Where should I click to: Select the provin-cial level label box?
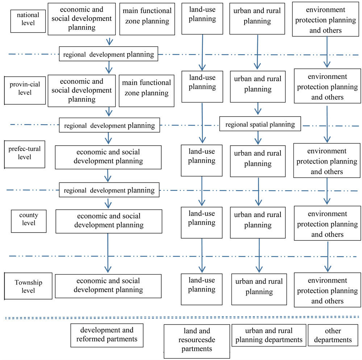(25, 88)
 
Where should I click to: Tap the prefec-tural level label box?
(25, 154)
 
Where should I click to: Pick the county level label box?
(29, 219)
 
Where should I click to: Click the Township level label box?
(28, 286)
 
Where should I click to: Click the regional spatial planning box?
(260, 125)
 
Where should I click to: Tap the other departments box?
(333, 335)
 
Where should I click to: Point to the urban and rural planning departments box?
(269, 335)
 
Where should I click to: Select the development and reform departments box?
(107, 335)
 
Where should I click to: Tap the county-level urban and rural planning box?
(258, 220)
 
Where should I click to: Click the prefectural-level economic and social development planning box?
(108, 157)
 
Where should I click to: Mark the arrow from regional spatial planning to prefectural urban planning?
(258, 138)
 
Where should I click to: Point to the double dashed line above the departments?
(181, 318)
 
